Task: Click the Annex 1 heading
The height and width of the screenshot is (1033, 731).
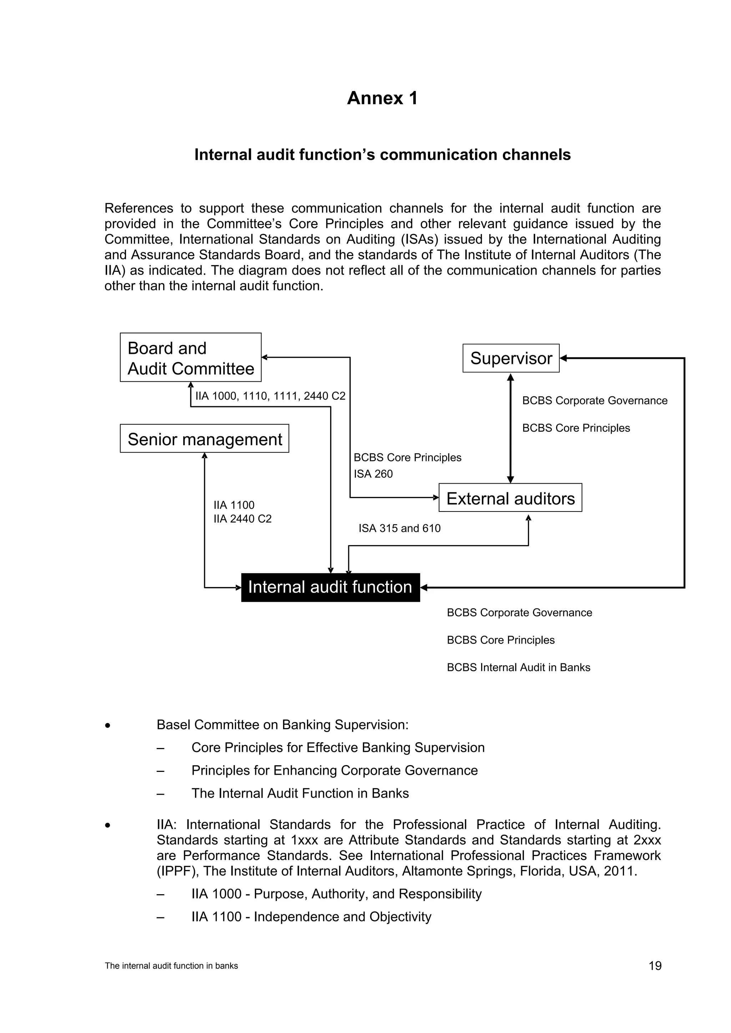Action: point(382,98)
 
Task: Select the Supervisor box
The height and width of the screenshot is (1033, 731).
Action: point(511,358)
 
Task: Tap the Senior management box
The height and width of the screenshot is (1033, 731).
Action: point(205,439)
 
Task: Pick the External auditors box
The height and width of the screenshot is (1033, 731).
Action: point(510,498)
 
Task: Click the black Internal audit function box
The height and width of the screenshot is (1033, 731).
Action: point(331,587)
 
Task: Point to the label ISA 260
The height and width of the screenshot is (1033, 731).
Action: point(373,474)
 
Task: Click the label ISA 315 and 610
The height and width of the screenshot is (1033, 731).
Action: point(399,528)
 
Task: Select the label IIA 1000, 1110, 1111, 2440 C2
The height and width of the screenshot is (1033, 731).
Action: point(270,396)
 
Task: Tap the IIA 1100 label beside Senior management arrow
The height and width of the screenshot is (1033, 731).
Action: point(234,505)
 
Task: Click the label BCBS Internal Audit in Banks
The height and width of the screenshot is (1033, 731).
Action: point(518,667)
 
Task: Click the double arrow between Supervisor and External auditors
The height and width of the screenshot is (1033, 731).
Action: point(510,427)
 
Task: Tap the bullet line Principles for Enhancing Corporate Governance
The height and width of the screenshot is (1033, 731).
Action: point(334,770)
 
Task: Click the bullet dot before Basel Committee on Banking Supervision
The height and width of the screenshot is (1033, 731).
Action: point(107,725)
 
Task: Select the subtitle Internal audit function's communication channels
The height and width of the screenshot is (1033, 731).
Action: point(382,155)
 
